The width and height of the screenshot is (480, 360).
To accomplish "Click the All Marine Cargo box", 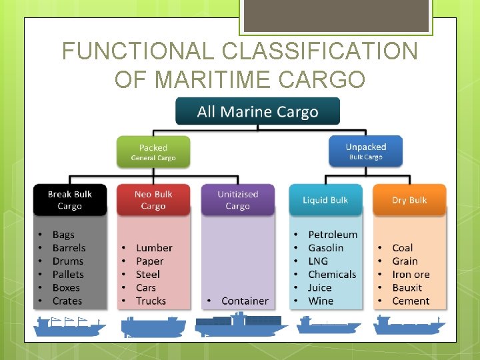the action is tap(257, 111).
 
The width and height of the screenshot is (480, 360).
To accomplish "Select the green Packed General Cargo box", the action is tap(153, 152).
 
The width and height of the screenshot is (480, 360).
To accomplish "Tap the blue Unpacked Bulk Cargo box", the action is tap(366, 151).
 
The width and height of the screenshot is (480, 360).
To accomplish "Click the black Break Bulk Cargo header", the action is tap(69, 200).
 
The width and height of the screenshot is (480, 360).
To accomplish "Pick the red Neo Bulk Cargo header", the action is tap(153, 200).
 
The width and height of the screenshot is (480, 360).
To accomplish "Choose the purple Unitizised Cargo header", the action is tap(237, 200).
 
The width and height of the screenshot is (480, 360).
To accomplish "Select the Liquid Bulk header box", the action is tap(325, 200).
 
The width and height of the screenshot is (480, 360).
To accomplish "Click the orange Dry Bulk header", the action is tap(409, 200).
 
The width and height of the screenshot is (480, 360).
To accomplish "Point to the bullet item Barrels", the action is tap(69, 248).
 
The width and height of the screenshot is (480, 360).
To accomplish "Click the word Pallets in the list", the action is tap(68, 275).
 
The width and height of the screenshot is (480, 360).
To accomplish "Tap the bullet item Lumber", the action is tap(154, 248).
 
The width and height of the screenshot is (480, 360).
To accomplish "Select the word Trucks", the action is tap(151, 301).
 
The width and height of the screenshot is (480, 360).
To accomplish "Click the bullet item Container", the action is tap(245, 301).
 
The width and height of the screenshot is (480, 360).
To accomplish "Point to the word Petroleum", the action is tap(333, 235).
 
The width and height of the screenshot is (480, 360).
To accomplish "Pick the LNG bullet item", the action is tap(318, 261).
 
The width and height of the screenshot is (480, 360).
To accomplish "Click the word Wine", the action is tap(321, 301).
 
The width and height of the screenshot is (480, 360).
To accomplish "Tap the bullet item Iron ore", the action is tap(411, 275).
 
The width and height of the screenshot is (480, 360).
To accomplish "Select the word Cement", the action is tap(411, 301).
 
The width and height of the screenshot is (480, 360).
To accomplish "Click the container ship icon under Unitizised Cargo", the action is tap(240, 325).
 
